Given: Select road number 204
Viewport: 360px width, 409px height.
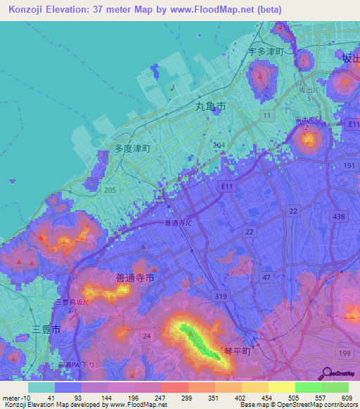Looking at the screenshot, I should (x=219, y=144).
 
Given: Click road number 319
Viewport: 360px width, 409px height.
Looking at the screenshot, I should (x=221, y=297).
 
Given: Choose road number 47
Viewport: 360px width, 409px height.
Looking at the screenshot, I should (x=266, y=278).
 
